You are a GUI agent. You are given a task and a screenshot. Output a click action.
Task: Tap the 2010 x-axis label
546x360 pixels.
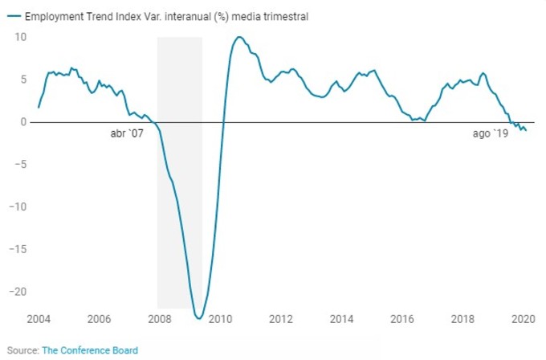[x=220, y=319]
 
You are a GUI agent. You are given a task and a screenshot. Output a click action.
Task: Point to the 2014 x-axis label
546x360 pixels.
[x=341, y=319]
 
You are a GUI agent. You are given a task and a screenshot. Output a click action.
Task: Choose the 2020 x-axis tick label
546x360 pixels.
[x=523, y=319]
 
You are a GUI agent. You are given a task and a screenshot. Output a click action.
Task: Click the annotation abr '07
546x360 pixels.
[x=127, y=134]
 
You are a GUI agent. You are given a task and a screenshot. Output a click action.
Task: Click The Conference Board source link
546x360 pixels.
[x=89, y=350]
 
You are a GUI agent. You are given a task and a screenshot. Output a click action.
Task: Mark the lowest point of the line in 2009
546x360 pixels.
[x=199, y=318]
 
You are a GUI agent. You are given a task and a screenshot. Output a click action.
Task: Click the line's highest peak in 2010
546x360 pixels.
[x=239, y=37]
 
